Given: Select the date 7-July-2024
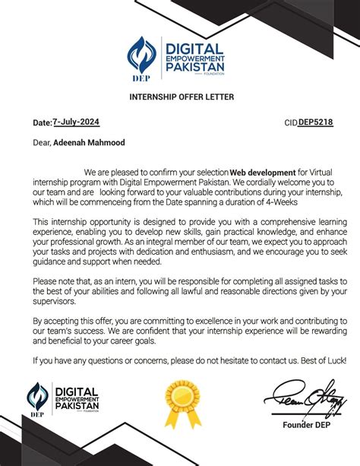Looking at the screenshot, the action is point(75,122).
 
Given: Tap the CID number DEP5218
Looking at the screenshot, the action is point(315,122).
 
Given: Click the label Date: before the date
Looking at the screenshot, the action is point(41,122).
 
